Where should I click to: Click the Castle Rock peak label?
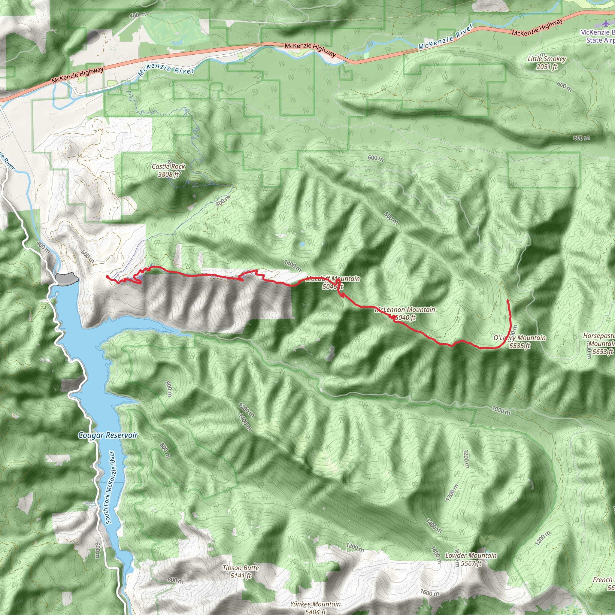(x=168, y=166)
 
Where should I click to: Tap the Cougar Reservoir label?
(x=108, y=435)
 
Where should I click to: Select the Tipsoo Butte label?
(x=241, y=568)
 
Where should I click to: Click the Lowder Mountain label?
(x=471, y=556)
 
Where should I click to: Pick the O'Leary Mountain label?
(x=520, y=338)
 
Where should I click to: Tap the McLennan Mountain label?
(x=405, y=309)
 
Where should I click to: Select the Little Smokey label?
(x=547, y=59)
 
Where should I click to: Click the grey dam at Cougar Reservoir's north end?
(x=67, y=279)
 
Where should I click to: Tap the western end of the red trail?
(x=107, y=277)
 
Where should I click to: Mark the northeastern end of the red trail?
(x=507, y=300)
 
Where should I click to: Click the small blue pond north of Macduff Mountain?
(x=301, y=244)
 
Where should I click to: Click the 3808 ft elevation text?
(x=168, y=174)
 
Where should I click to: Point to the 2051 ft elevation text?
(x=547, y=67)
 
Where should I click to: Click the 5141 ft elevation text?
(x=241, y=576)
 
